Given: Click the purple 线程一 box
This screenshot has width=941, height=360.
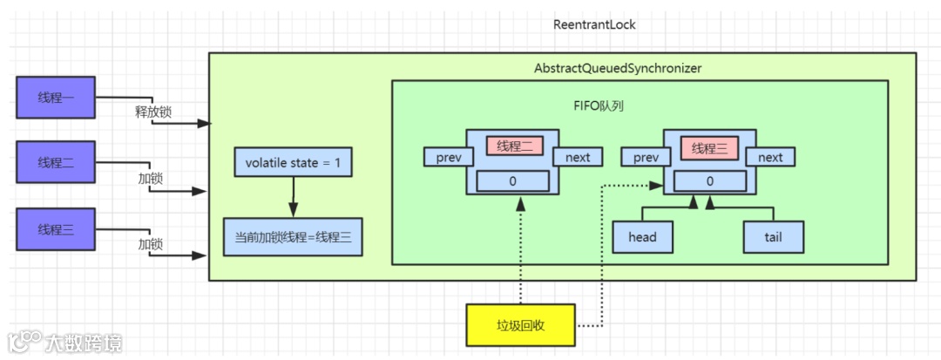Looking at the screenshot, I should tap(55, 97).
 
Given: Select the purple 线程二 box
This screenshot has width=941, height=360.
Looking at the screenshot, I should tap(55, 163).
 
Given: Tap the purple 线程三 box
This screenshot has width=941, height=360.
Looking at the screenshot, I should tap(55, 229).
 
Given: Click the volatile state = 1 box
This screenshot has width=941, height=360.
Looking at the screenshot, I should tap(293, 163).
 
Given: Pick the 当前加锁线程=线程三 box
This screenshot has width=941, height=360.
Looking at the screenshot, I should tap(293, 237).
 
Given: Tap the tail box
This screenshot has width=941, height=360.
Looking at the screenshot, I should tap(773, 237).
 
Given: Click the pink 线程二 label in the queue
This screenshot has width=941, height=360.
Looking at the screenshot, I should tap(514, 147).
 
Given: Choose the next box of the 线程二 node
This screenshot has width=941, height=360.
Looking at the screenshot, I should tap(577, 157).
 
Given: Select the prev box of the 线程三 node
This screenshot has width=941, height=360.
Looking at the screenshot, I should tap(645, 157).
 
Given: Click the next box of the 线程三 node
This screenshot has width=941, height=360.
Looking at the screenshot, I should tap(770, 157).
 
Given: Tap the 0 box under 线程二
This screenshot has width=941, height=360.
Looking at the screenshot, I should tap(514, 180).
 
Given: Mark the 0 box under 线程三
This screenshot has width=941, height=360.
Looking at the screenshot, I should tap(709, 180).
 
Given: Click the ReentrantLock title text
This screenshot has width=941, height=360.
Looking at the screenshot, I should tap(594, 24).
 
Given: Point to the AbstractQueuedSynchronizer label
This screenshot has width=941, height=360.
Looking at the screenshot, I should tap(617, 67).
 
